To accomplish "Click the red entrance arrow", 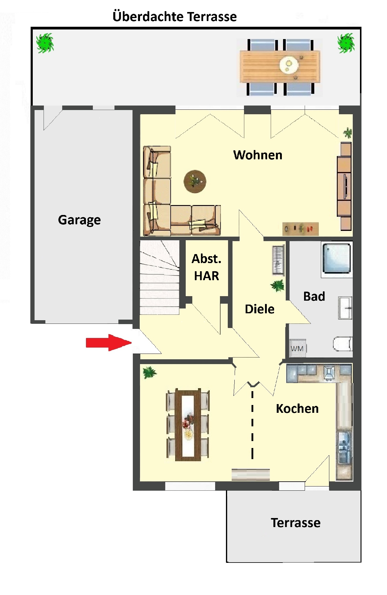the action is (109, 342).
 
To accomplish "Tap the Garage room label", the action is (79, 220).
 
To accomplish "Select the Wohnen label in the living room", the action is (258, 155).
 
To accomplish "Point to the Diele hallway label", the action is (260, 309).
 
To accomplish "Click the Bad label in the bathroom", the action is (314, 296).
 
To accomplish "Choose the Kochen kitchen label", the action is (297, 409).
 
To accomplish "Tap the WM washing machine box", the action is (297, 348).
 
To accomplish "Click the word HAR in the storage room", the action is (206, 276).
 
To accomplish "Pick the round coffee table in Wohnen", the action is (195, 182).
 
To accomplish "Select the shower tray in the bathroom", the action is (337, 258).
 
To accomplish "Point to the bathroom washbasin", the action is (345, 308).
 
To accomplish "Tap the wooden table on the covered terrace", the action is (280, 67).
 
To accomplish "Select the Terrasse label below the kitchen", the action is (296, 523).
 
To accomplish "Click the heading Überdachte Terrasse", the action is (175, 17).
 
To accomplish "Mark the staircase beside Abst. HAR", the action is (160, 278).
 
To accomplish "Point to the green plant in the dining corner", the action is (150, 373).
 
